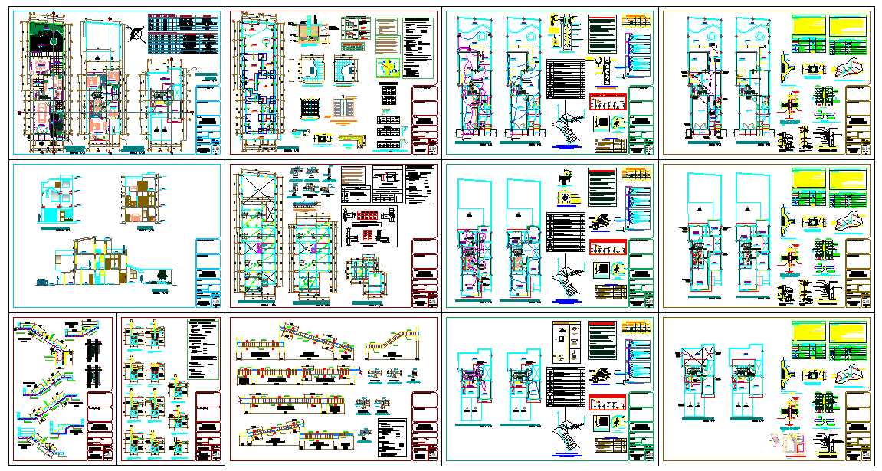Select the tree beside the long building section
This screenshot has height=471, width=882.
[x=162, y=276]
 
